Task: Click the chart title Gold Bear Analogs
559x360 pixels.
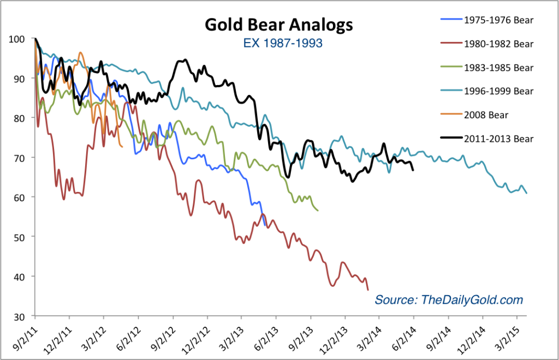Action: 278,25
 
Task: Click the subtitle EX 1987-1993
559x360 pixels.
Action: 279,43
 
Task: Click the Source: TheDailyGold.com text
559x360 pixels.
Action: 448,300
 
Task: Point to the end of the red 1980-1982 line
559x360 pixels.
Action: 368,290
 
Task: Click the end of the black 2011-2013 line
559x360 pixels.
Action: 413,170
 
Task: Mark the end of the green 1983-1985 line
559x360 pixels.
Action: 318,210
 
